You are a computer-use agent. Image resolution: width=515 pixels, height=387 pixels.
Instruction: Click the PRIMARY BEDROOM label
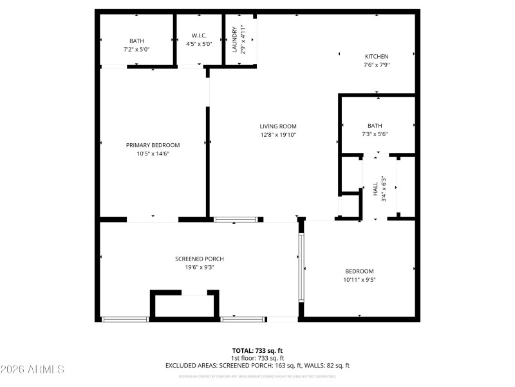pyautogui.click(x=153, y=145)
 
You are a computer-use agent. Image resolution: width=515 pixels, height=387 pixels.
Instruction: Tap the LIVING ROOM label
pyautogui.click(x=278, y=126)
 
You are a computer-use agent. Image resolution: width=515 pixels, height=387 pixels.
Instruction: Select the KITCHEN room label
pyautogui.click(x=377, y=57)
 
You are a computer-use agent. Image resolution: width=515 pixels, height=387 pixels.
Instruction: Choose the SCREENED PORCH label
pyautogui.click(x=200, y=259)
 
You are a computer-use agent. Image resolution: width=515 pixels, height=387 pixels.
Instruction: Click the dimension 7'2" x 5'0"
pyautogui.click(x=136, y=48)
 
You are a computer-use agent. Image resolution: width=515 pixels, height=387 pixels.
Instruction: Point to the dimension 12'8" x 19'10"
pyautogui.click(x=278, y=135)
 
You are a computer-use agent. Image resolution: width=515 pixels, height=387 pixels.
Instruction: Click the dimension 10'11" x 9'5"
pyautogui.click(x=359, y=280)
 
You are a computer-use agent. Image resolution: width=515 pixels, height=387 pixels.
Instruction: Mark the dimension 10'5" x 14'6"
pyautogui.click(x=153, y=154)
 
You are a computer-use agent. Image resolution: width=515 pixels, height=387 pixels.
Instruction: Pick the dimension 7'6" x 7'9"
pyautogui.click(x=377, y=64)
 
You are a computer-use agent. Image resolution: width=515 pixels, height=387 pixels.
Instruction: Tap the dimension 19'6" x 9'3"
pyautogui.click(x=200, y=267)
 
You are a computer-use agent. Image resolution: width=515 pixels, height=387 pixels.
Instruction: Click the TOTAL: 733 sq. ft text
pyautogui.click(x=257, y=351)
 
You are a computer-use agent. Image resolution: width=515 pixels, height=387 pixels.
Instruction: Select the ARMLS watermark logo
pyautogui.click(x=32, y=370)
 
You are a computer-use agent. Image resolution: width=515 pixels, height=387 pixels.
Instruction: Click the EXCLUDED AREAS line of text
pyautogui.click(x=257, y=365)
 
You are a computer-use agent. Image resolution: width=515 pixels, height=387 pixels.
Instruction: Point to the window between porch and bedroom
pyautogui.click(x=300, y=267)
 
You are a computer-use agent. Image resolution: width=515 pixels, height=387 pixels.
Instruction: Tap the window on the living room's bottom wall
pyautogui.click(x=238, y=219)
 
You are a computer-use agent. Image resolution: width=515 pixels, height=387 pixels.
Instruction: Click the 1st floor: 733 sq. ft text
pyautogui.click(x=257, y=358)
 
